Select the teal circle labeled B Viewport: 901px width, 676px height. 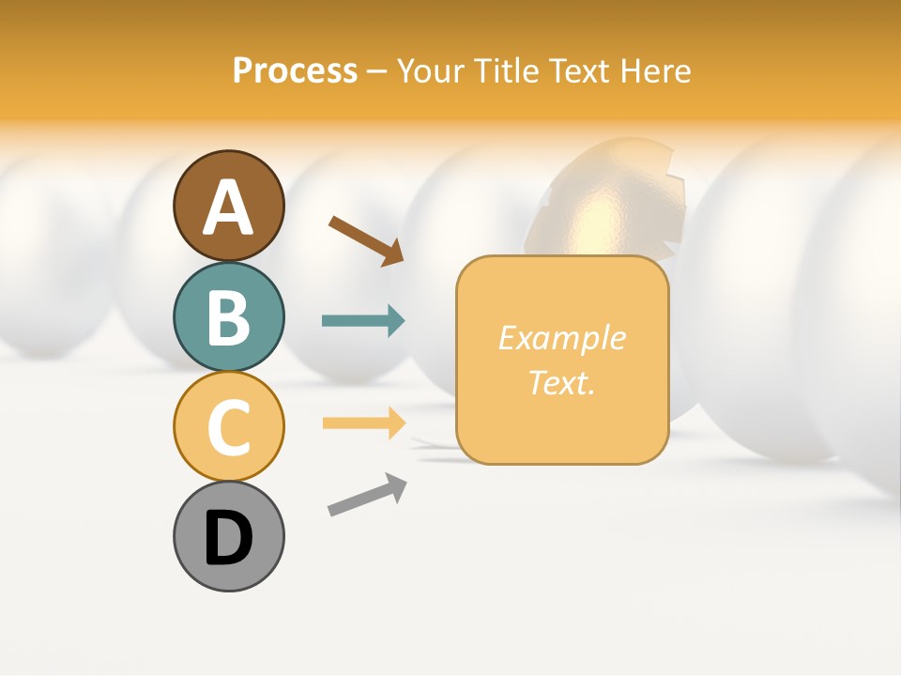pyautogui.click(x=228, y=316)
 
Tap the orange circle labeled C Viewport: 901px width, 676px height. pyautogui.click(x=228, y=426)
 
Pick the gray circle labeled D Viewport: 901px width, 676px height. pyautogui.click(x=228, y=536)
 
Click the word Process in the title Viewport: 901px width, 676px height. pyautogui.click(x=295, y=71)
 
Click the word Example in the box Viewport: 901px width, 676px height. pyautogui.click(x=561, y=339)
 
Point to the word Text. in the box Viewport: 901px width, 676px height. pyautogui.click(x=561, y=382)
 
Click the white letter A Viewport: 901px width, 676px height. pyautogui.click(x=228, y=207)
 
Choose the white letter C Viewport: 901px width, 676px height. pyautogui.click(x=228, y=427)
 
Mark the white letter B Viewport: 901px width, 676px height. pyautogui.click(x=228, y=317)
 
